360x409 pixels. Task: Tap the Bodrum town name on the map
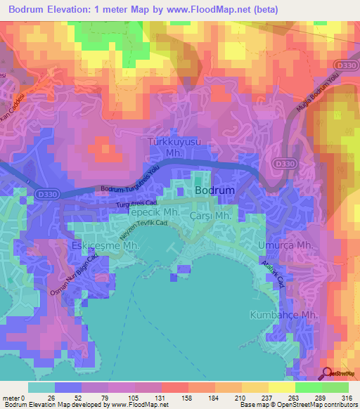tap(214, 190)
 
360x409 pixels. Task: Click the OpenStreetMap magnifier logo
tap(327, 374)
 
